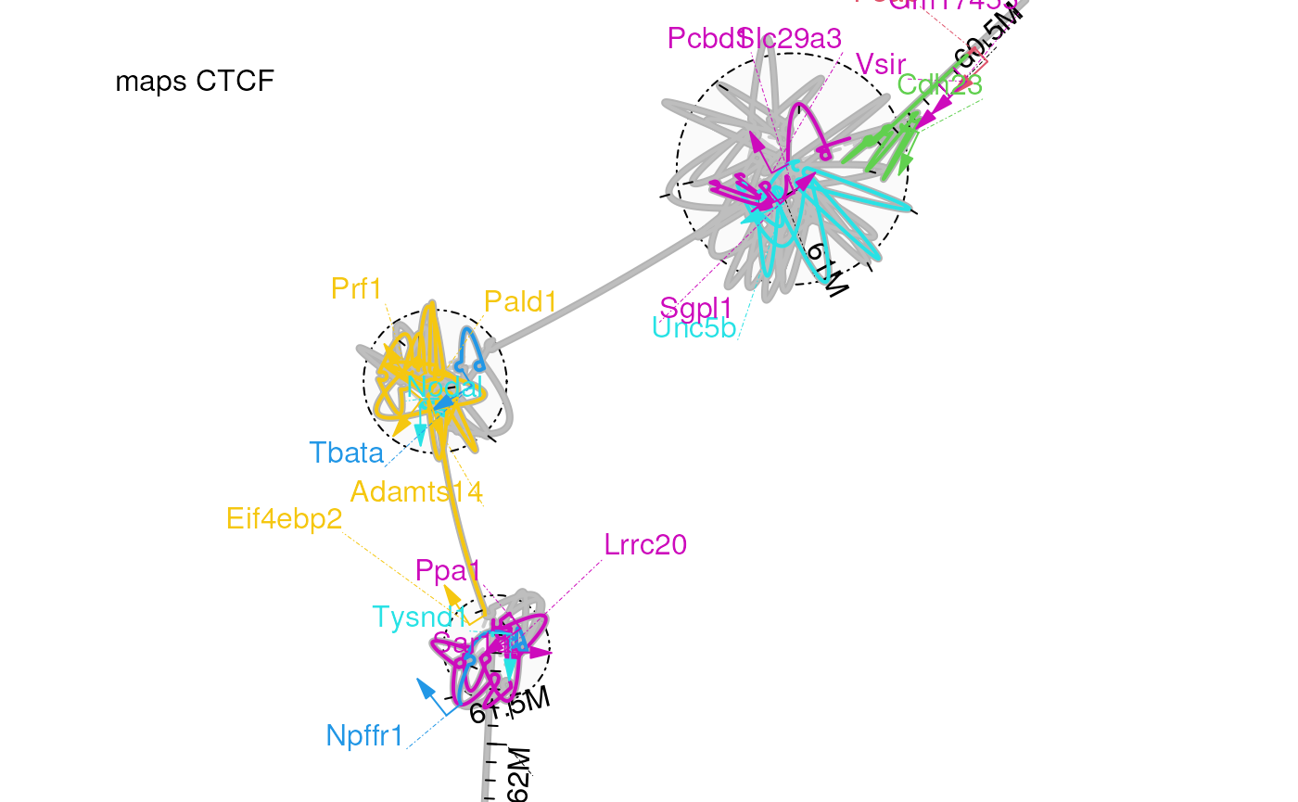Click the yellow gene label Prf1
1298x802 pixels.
coord(356,289)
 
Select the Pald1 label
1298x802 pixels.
coord(521,301)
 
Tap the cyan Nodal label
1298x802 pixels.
coord(445,387)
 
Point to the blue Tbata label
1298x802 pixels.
coord(346,452)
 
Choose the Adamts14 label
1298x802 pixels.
coord(416,491)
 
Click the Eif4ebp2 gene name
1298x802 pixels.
coord(284,519)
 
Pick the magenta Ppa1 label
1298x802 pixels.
coord(448,571)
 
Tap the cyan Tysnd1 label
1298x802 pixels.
coord(416,617)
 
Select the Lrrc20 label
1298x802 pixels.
coord(645,544)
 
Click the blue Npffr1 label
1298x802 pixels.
coord(365,736)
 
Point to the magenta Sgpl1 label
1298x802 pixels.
coord(695,307)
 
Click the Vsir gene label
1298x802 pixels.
coord(880,65)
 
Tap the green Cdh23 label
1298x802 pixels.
coord(939,84)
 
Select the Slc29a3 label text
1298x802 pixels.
coord(795,39)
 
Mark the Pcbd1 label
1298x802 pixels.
coord(705,39)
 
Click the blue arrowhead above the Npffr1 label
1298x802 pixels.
coord(425,687)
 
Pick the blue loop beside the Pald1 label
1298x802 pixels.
coord(470,344)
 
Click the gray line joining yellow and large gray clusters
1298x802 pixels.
coord(593,290)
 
